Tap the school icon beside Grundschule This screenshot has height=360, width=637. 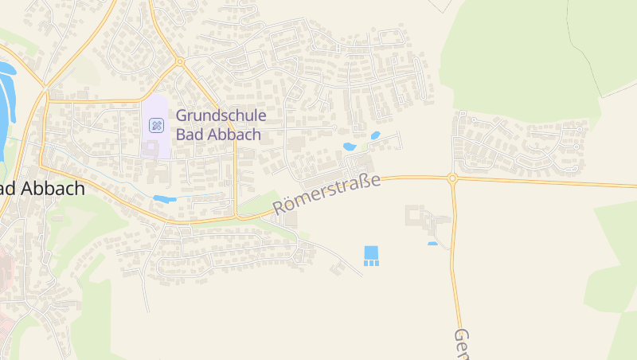pyautogui.click(x=156, y=125)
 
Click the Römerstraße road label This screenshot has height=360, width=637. pyautogui.click(x=326, y=194)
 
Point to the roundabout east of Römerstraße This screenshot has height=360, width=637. pyautogui.click(x=452, y=178)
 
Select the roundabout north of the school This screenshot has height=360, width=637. pyautogui.click(x=180, y=61)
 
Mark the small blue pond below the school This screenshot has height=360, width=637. pyautogui.click(x=164, y=198)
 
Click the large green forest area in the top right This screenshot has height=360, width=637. pyautogui.click(x=526, y=56)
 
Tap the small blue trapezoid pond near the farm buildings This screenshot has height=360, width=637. pyautogui.click(x=432, y=243)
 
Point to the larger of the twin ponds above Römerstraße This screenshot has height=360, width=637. pyautogui.click(x=349, y=147)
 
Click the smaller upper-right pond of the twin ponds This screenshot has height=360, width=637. pyautogui.click(x=375, y=135)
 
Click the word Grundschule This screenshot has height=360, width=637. pyautogui.click(x=221, y=115)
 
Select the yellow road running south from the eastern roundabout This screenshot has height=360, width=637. pyautogui.click(x=456, y=255)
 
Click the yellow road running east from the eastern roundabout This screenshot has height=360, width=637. pyautogui.click(x=549, y=182)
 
